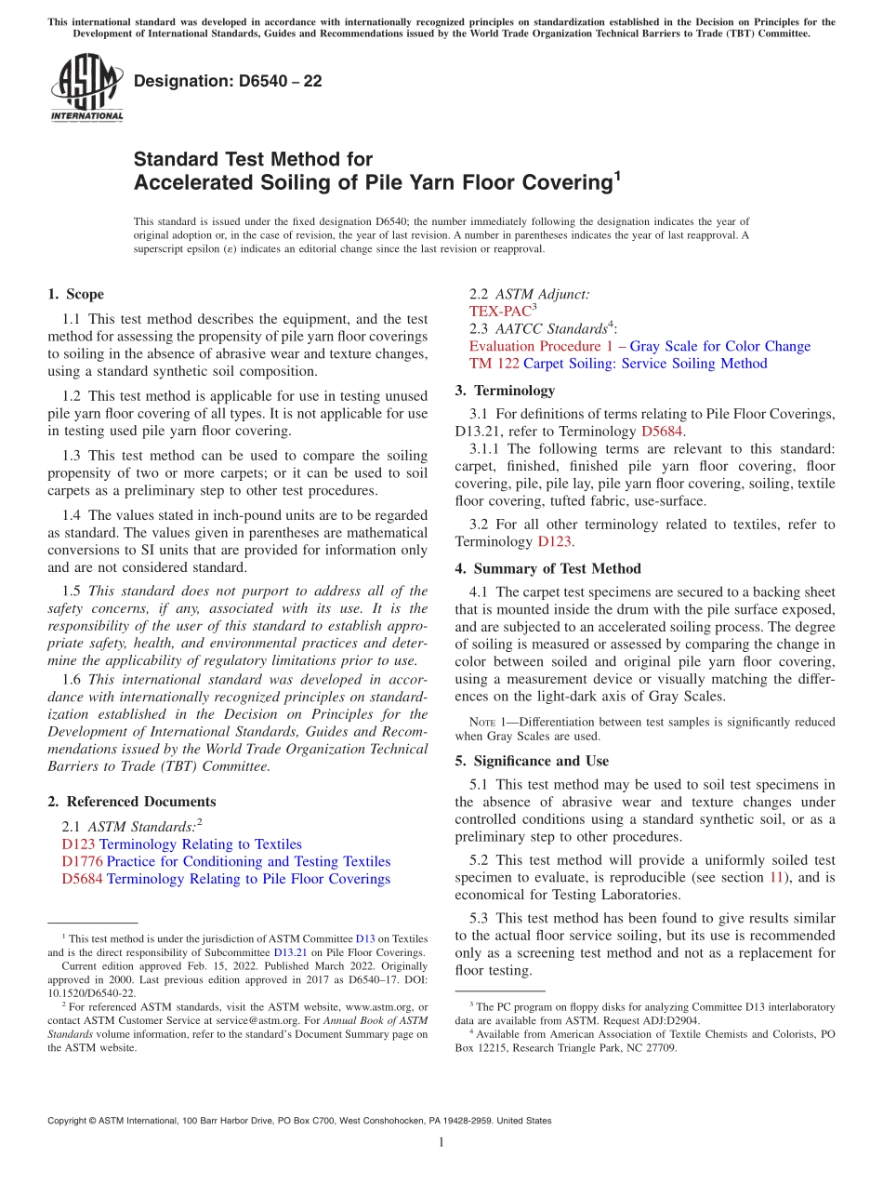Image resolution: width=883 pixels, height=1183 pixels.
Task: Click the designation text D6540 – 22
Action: coord(228,81)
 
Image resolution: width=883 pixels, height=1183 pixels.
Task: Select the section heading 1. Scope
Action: coord(75,294)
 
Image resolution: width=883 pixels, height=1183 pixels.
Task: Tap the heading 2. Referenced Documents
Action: coord(131,802)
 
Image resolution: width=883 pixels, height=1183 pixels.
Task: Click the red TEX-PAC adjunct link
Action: coord(500,312)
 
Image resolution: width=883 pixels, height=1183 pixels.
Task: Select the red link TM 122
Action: coord(494,364)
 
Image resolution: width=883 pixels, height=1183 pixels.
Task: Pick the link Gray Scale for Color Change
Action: coord(720,346)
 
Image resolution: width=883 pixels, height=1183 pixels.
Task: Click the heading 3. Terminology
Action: coord(505,391)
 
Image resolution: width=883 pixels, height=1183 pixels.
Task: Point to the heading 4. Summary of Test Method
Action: coord(547,568)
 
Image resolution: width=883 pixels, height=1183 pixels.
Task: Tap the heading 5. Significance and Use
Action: coord(532,761)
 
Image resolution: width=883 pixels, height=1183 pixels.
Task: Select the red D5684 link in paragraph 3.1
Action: coord(660,432)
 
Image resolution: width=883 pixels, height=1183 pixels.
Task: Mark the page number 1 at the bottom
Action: coord(441,1142)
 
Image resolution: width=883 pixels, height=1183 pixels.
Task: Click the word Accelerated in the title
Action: coord(190,183)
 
